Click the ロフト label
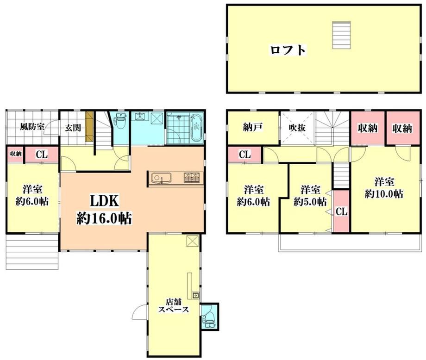point(288,50)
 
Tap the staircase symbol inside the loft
point(342,35)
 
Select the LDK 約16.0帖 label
point(104,210)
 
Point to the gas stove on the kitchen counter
point(192,178)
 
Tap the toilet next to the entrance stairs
point(121,121)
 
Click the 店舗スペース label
point(174,305)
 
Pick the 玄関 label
point(73,128)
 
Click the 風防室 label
point(32,126)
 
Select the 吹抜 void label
point(297,127)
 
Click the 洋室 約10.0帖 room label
point(384,188)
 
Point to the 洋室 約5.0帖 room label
point(310,195)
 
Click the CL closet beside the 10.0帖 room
point(342,211)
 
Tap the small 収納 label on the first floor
point(16,154)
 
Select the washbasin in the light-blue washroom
point(140,116)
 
